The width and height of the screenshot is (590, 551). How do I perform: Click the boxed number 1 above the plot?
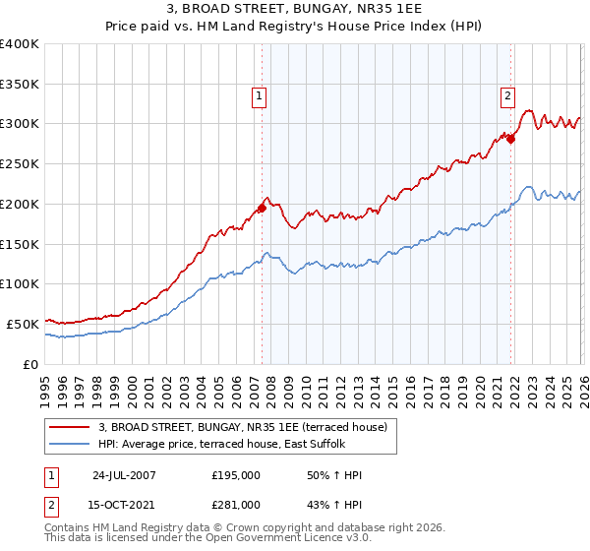259,96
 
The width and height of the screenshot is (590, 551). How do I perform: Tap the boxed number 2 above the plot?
507,96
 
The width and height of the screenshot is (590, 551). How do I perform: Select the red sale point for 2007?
263,208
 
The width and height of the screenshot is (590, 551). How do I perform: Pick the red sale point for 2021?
510,139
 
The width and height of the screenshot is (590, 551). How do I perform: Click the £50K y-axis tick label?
22,324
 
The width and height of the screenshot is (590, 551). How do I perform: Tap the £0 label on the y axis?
29,364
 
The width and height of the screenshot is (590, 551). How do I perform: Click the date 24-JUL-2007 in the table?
124,476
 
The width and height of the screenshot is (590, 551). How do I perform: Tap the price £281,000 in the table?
236,505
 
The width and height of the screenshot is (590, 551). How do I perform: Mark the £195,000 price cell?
236,476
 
